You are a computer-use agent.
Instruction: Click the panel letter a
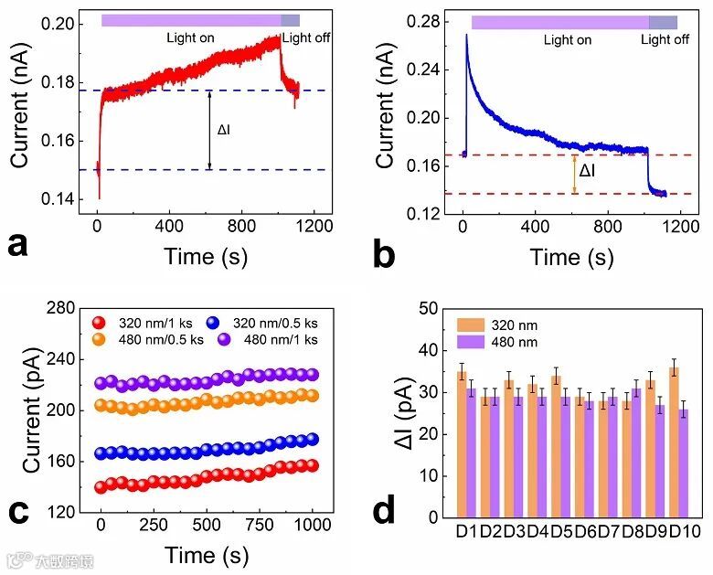coord(19,247)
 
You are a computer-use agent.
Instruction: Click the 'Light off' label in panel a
coord(306,37)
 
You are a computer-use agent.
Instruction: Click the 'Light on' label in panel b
coord(567,40)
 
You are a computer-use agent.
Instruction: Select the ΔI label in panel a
coord(224,130)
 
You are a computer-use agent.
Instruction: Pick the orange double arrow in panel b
coord(574,174)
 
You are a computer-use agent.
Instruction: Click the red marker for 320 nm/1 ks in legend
coord(101,322)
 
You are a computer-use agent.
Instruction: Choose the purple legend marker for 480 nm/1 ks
coord(221,339)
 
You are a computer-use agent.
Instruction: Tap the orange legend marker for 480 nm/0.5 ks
coord(101,339)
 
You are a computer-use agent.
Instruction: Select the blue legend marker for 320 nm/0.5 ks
coord(221,322)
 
